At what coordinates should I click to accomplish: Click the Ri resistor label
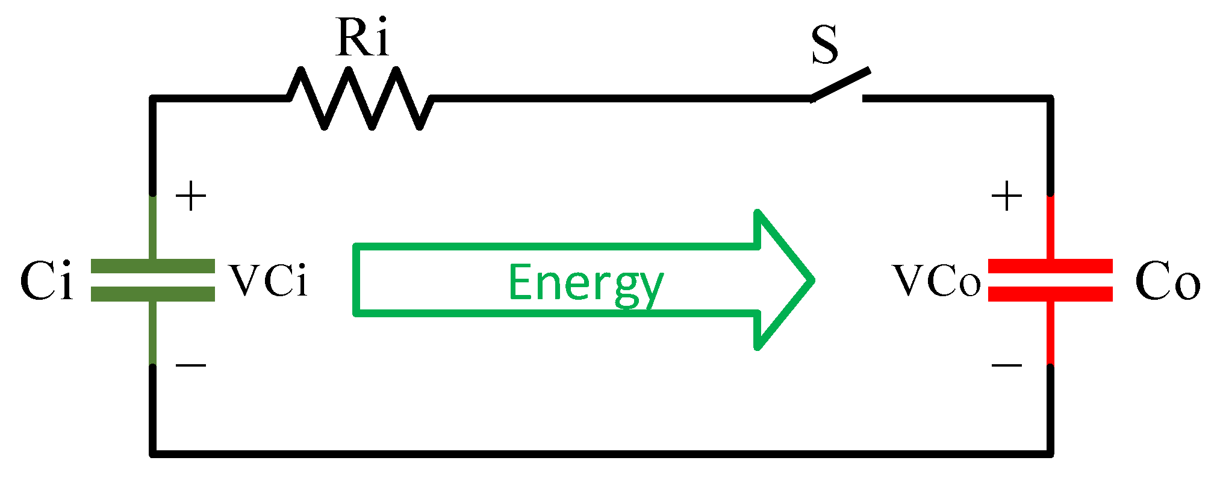coord(362,37)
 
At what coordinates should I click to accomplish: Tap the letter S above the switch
coord(824,45)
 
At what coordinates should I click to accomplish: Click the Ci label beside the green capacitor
coord(46,281)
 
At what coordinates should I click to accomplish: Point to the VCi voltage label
coord(269,281)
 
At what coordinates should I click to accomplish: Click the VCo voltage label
coord(937,281)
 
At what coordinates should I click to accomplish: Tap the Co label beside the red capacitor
coord(1167,281)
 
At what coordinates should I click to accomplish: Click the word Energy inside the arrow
coord(585,283)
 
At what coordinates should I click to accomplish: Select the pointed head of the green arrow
coord(783,280)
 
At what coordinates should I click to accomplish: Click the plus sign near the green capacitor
coord(191,196)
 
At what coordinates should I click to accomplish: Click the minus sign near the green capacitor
coord(191,365)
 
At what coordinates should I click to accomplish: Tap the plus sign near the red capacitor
coord(1007,196)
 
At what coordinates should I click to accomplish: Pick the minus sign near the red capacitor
coord(1007,365)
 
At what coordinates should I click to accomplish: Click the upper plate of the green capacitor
coord(153,266)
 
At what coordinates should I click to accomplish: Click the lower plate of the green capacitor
coord(153,294)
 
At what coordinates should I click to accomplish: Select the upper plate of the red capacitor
coord(1050,266)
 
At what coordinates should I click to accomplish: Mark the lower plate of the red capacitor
coord(1050,294)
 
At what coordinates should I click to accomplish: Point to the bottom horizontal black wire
coord(602,453)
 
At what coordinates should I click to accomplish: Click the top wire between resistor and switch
coord(620,98)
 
